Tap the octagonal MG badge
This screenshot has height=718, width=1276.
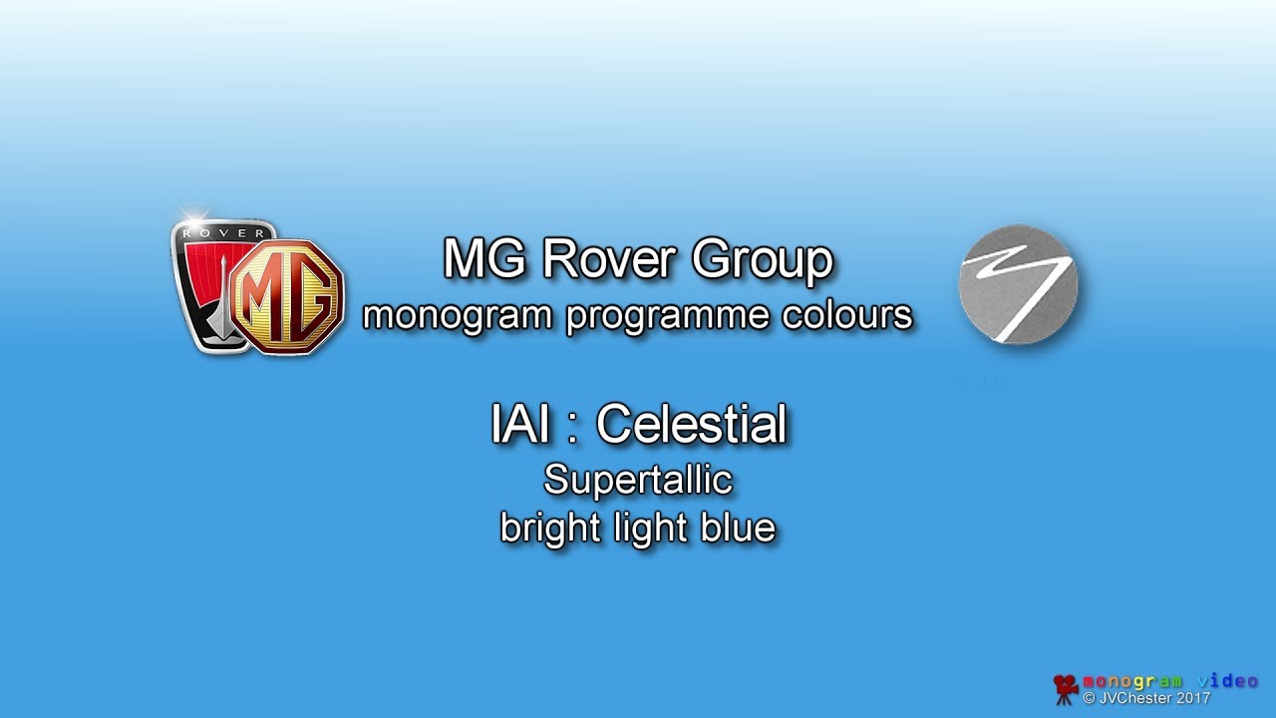click(x=288, y=296)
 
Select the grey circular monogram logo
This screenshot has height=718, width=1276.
click(x=1017, y=285)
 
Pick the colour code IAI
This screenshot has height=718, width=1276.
click(x=519, y=425)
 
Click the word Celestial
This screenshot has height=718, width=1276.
click(x=691, y=425)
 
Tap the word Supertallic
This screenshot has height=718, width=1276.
click(x=638, y=481)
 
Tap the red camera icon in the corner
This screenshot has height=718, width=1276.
click(x=1066, y=687)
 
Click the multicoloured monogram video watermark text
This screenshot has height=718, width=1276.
click(x=1169, y=681)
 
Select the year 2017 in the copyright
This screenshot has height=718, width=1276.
click(x=1192, y=698)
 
